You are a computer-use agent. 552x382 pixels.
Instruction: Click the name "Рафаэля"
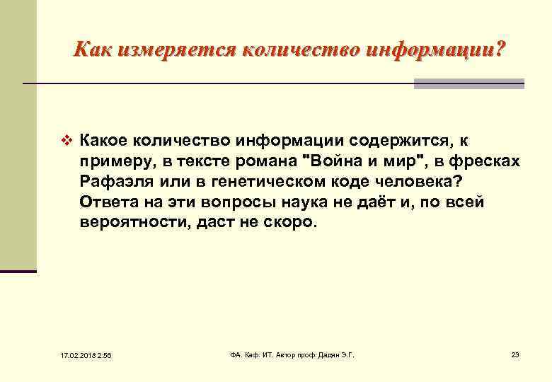(115, 182)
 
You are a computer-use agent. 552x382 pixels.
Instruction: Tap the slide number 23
(515, 354)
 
